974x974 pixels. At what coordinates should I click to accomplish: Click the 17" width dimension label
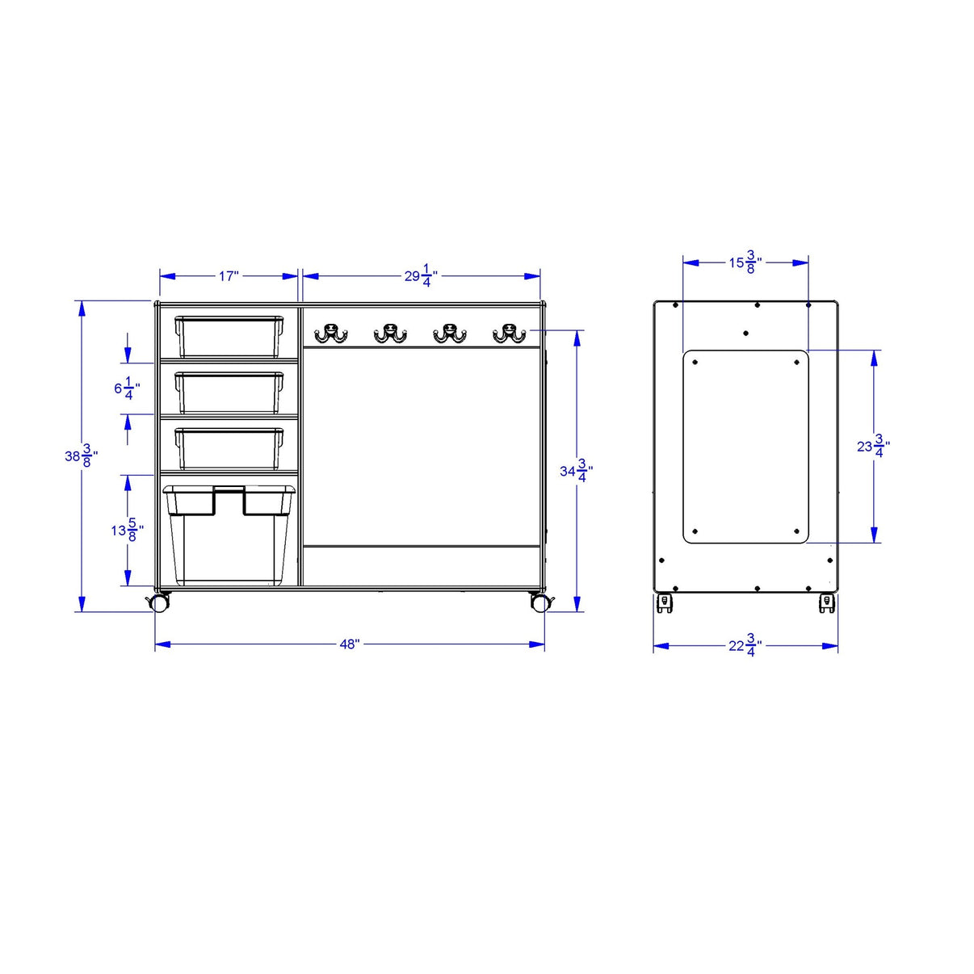[229, 276]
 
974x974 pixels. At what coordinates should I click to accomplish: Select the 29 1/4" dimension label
[421, 276]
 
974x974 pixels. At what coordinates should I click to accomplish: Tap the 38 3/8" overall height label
[82, 456]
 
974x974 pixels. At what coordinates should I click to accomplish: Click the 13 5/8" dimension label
[128, 531]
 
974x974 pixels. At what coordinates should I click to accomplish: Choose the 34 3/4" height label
[577, 471]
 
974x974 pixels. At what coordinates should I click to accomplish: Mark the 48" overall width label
[349, 644]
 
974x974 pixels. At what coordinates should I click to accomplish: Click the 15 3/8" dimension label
[745, 262]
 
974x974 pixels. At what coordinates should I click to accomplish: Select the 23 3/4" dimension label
[873, 446]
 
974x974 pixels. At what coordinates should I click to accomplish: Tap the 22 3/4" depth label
[745, 646]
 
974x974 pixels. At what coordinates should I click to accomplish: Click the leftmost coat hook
[330, 333]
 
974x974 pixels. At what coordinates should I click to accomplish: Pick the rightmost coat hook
[509, 333]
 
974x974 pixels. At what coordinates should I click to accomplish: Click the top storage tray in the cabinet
[229, 336]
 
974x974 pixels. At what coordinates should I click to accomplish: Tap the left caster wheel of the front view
[160, 602]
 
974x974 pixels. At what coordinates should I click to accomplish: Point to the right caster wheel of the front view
[539, 602]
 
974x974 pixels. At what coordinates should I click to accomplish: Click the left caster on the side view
[665, 602]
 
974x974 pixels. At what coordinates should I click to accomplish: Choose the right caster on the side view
[827, 602]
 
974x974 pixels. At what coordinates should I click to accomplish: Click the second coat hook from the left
[390, 333]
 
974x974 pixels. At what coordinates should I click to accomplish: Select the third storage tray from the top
[229, 447]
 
